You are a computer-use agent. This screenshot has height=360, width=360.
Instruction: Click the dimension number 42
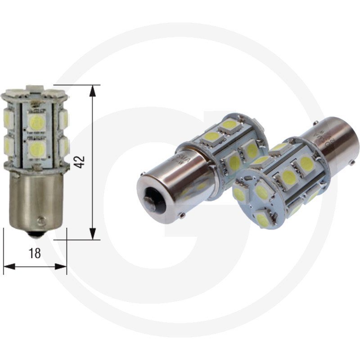(x=80, y=162)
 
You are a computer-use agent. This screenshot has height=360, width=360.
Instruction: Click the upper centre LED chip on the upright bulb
(x=36, y=121)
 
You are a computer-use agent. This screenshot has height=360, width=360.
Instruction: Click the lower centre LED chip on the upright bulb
(x=36, y=149)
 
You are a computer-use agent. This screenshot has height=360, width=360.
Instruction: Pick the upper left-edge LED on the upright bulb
(x=8, y=119)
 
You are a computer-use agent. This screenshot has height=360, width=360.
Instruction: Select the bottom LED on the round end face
(x=262, y=219)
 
